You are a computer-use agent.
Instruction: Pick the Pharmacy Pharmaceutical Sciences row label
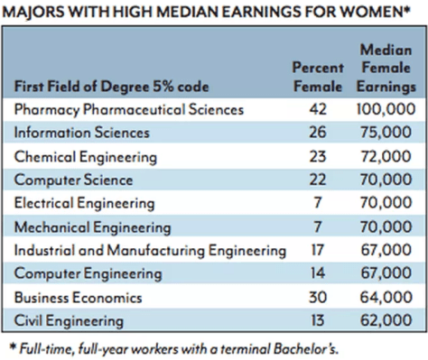click(x=129, y=110)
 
